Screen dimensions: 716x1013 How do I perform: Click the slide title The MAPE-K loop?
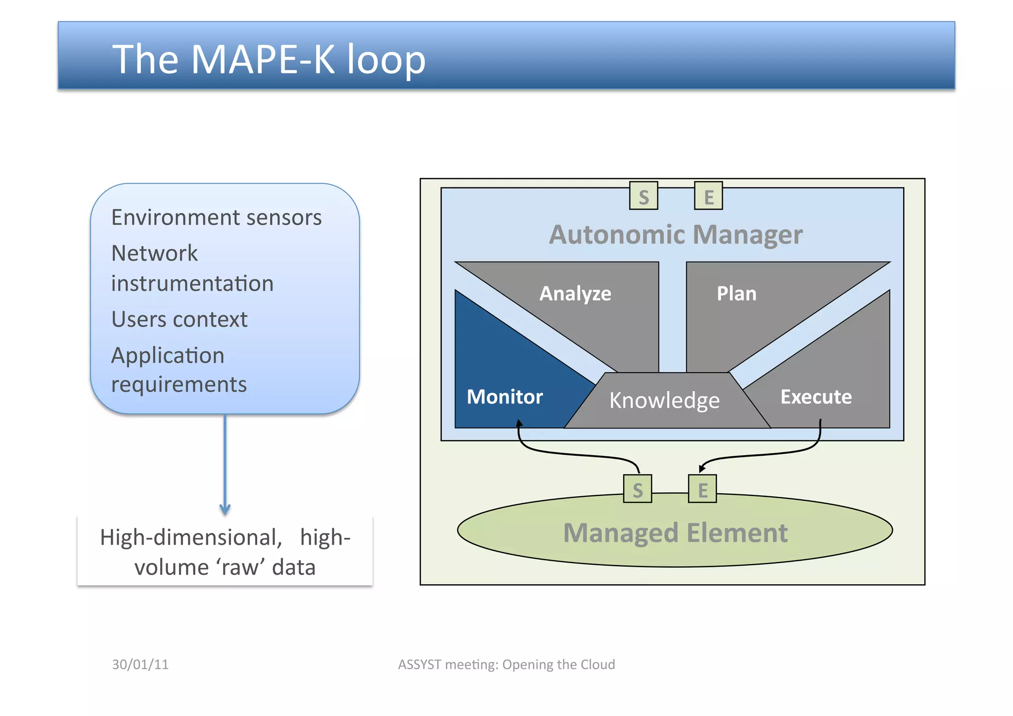click(269, 59)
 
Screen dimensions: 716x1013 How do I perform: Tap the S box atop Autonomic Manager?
click(643, 196)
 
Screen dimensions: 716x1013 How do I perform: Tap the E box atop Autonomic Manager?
click(708, 196)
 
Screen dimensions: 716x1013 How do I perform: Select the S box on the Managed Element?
click(637, 489)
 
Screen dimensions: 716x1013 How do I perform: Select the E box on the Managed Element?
click(702, 489)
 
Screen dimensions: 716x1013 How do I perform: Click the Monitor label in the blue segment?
click(505, 397)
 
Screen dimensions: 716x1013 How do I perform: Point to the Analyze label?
click(575, 293)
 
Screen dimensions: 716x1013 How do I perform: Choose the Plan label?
click(736, 293)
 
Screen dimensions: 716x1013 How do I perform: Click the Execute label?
click(816, 397)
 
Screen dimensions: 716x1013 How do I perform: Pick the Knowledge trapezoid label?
click(664, 400)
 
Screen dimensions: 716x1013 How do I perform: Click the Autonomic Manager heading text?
click(675, 235)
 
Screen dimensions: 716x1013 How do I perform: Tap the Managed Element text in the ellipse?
click(675, 533)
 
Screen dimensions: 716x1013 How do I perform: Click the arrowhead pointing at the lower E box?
click(702, 468)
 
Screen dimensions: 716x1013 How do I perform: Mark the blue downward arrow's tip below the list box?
click(225, 512)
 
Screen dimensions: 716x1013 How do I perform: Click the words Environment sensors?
click(216, 218)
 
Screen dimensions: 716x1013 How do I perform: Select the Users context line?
click(179, 320)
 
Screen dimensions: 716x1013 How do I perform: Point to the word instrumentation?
click(192, 284)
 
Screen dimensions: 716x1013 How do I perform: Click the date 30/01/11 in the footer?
click(140, 664)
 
